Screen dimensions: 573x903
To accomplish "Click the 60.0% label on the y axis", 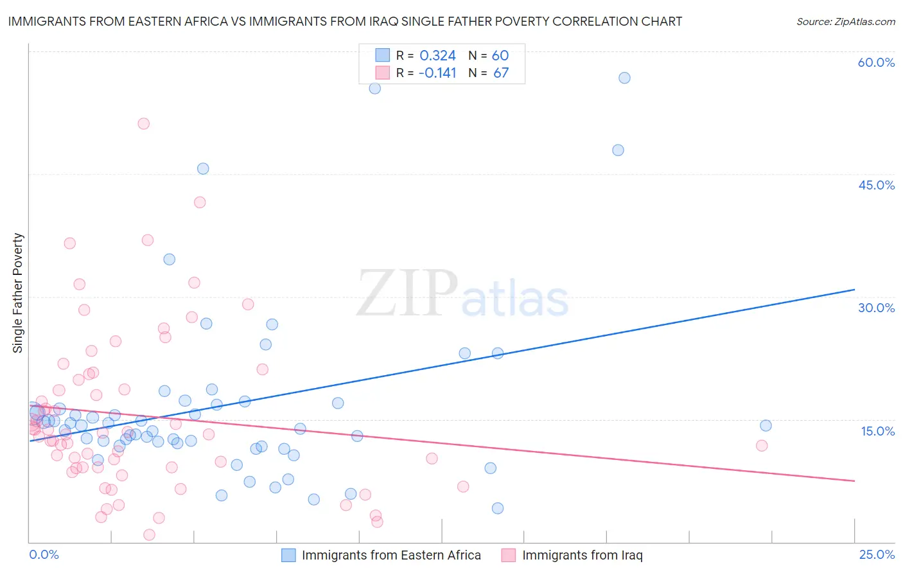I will [876, 62].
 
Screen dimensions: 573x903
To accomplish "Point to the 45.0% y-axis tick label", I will [876, 185].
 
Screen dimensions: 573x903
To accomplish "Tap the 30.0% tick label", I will [876, 308].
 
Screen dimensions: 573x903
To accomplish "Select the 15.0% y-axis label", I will [877, 431].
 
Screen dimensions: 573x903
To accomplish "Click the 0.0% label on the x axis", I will [44, 554].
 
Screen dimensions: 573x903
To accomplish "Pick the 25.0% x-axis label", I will [877, 554].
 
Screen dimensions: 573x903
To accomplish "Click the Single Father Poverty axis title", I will [18, 292].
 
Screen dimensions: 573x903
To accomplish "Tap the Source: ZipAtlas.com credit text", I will [845, 21].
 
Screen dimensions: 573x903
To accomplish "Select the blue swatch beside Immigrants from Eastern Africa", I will [289, 555].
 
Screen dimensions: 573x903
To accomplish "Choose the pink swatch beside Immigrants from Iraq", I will [509, 555].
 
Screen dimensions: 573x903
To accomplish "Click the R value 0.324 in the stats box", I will [437, 55].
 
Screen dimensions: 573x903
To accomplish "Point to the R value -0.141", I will [437, 73].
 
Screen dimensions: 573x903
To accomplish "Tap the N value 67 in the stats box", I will [501, 73].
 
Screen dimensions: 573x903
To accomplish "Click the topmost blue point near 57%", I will [624, 78].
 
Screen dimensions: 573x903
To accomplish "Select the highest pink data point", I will [144, 123].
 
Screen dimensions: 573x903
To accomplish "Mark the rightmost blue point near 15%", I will [766, 425].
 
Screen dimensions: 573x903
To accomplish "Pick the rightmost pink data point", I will [762, 445].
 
